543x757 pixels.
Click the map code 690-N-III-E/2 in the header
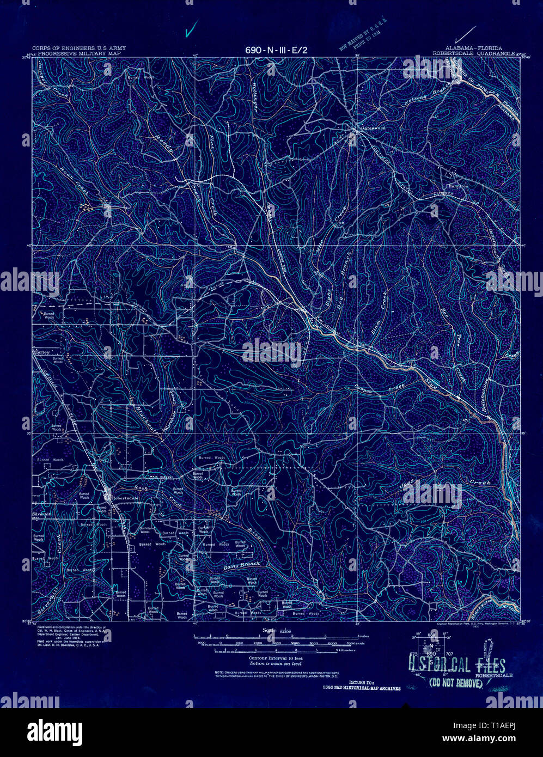click(x=276, y=50)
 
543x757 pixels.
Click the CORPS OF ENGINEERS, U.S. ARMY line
click(x=78, y=48)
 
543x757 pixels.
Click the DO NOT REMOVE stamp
click(x=456, y=682)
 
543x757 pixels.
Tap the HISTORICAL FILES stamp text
click(x=456, y=666)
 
